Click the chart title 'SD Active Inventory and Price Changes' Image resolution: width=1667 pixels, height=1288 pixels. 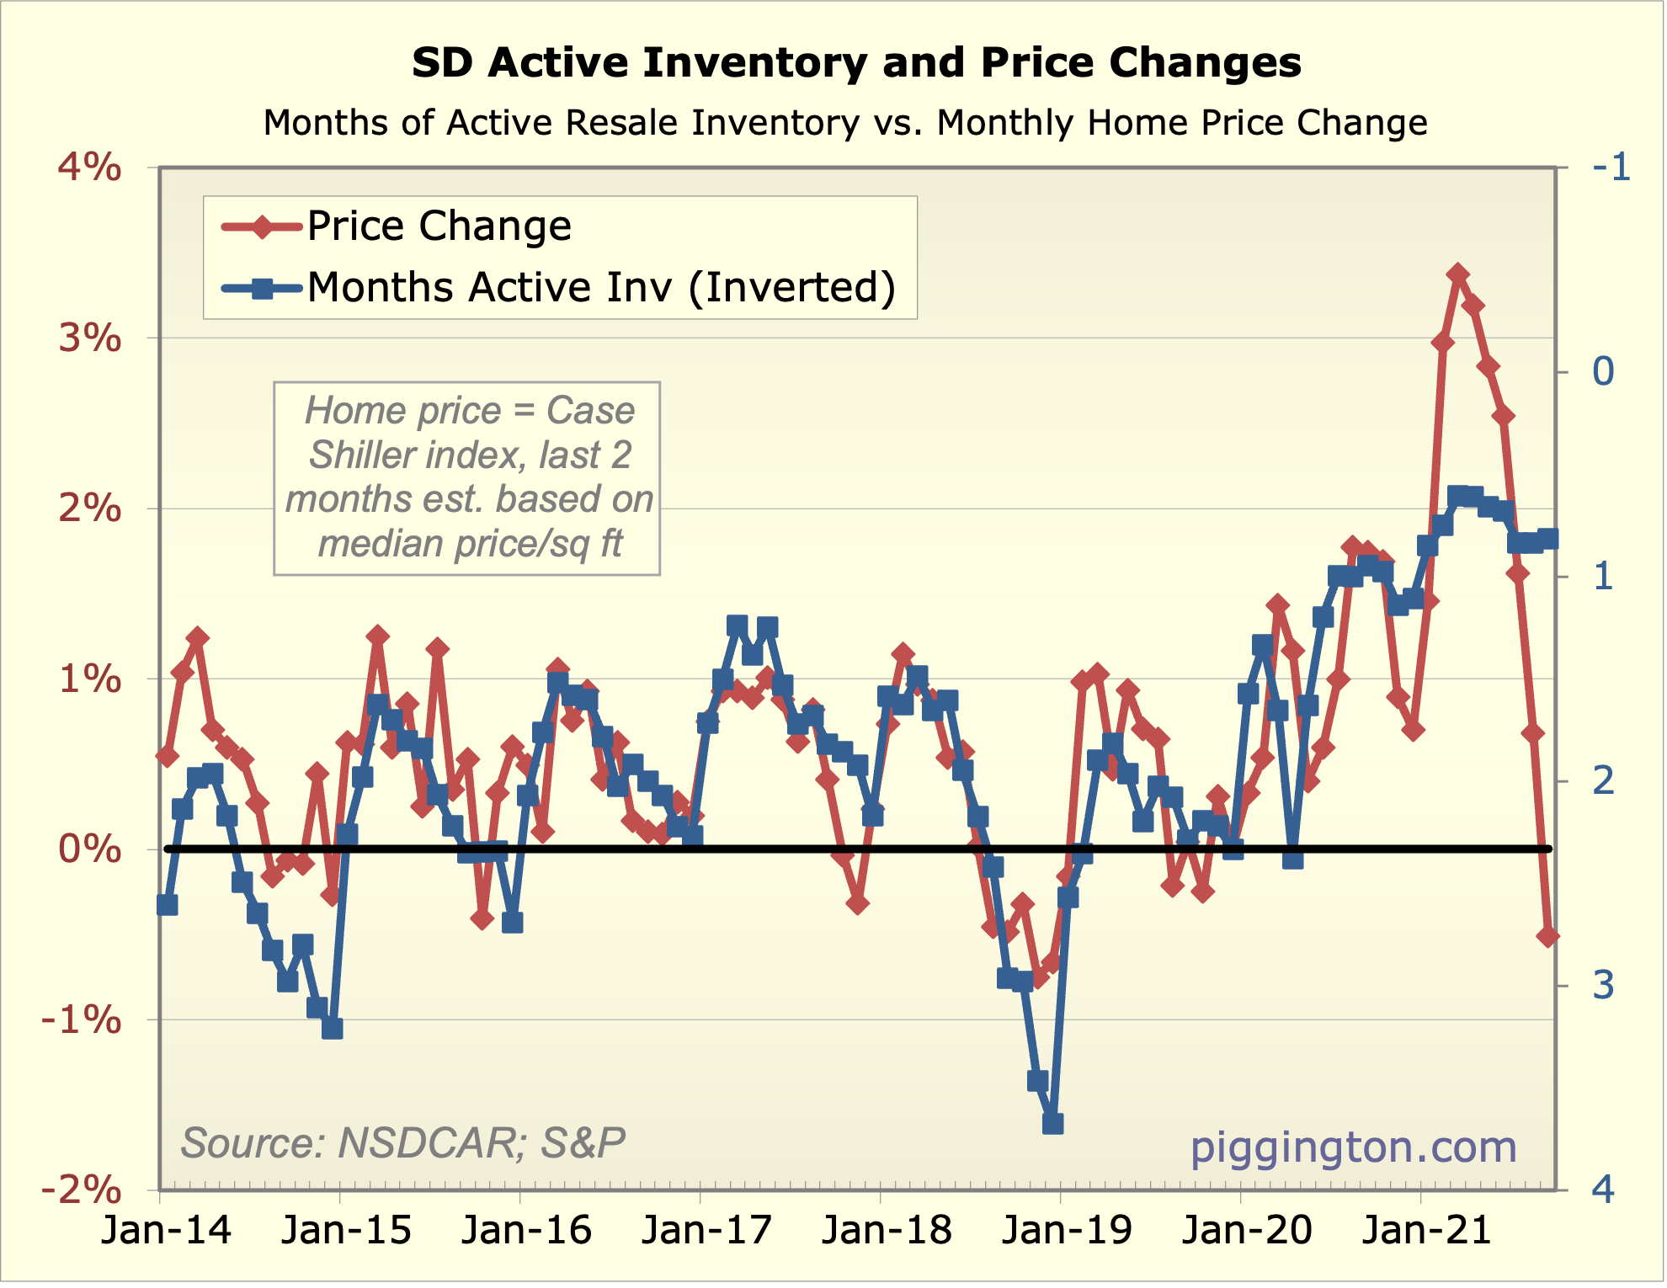tap(856, 63)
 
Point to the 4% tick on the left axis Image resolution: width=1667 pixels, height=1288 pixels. tap(89, 168)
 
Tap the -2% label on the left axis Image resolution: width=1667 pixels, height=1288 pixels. tap(82, 1190)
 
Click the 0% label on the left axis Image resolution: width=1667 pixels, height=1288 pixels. tap(89, 849)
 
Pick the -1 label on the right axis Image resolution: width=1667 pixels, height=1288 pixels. tap(1611, 168)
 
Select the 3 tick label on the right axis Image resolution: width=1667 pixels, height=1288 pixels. tap(1603, 985)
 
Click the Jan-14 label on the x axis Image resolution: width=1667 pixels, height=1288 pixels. tap(166, 1231)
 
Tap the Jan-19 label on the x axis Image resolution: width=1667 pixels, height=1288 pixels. tap(1067, 1231)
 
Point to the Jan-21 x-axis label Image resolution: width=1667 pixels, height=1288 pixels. tap(1427, 1231)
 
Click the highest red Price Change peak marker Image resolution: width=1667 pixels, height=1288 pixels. tap(1458, 274)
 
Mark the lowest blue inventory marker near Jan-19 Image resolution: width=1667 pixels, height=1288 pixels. tap(1052, 1123)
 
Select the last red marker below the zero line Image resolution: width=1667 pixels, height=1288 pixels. tap(1547, 935)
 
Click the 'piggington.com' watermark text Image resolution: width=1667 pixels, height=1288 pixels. tap(1353, 1147)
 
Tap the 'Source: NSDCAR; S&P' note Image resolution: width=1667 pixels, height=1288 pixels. tap(402, 1143)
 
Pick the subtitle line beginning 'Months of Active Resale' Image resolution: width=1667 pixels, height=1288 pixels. tap(845, 123)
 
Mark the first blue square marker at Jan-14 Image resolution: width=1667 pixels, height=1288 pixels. tap(167, 905)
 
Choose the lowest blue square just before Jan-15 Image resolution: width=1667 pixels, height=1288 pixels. tap(332, 1028)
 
